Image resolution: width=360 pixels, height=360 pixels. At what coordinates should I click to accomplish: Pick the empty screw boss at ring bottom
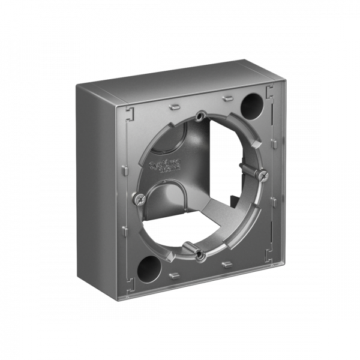[200, 256]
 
